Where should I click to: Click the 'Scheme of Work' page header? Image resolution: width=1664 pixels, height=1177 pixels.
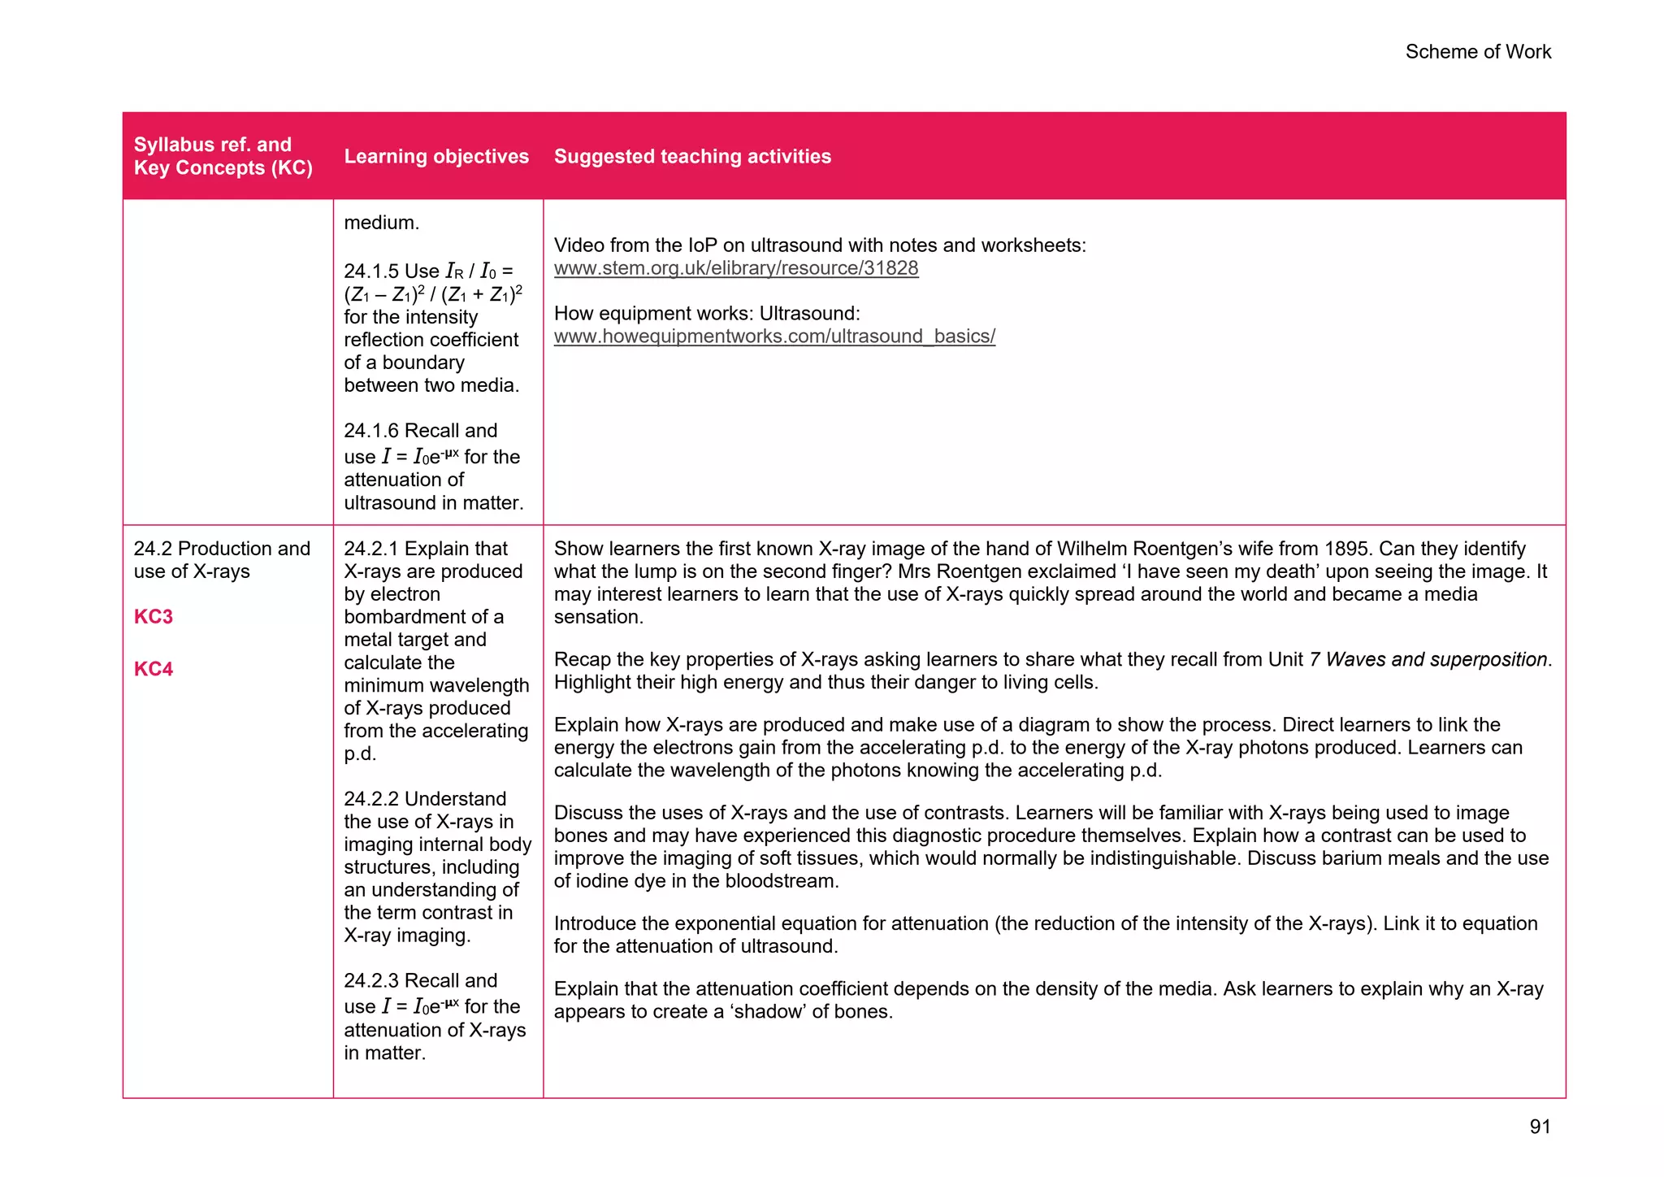coord(1477,52)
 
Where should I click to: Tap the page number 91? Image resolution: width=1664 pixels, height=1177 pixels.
coord(1540,1127)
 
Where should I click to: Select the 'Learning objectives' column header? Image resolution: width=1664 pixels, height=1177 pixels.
coord(436,156)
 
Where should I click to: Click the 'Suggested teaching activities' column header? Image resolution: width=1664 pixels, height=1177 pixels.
coord(692,156)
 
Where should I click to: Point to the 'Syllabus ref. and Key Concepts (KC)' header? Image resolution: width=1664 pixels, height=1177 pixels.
coord(223,156)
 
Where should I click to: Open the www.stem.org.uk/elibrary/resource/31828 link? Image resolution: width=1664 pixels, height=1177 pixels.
coord(735,268)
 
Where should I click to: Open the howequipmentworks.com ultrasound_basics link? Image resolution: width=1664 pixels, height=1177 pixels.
coord(773,337)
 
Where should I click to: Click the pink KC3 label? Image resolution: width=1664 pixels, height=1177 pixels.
coord(154,617)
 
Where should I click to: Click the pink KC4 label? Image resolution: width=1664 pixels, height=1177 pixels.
coord(154,669)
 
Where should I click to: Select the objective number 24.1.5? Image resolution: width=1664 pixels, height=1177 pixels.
coord(371,271)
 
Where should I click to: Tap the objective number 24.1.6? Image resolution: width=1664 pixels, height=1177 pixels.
coord(371,431)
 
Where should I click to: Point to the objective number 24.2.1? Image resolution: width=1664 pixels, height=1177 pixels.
coord(371,549)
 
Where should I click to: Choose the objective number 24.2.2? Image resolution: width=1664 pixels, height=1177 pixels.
coord(371,799)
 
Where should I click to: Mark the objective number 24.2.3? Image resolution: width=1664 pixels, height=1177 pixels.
coord(371,981)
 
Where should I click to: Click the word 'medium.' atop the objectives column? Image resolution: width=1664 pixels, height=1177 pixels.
coord(381,223)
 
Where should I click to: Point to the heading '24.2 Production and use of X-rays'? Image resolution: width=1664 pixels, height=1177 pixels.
coord(221,560)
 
